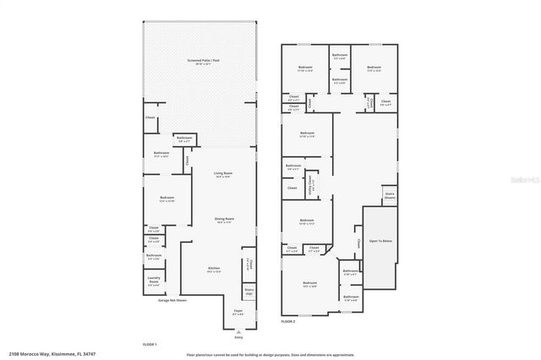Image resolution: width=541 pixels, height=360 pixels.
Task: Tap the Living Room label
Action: (223, 175)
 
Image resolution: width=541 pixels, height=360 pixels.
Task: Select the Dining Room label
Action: (223, 221)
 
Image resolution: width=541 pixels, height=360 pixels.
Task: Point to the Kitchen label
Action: (214, 270)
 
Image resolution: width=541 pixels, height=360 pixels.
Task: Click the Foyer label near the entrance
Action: (238, 312)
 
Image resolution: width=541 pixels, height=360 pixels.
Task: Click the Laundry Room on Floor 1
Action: (153, 282)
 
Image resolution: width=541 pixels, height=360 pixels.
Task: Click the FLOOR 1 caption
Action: (150, 345)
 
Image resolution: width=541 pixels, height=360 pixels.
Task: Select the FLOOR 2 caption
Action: (288, 321)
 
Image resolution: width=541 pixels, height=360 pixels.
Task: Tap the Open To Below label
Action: (381, 241)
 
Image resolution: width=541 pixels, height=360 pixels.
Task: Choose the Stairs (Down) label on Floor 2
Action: (390, 196)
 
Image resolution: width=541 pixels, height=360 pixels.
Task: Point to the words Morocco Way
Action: (37, 353)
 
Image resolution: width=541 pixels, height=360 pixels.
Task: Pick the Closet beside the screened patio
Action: (150, 118)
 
